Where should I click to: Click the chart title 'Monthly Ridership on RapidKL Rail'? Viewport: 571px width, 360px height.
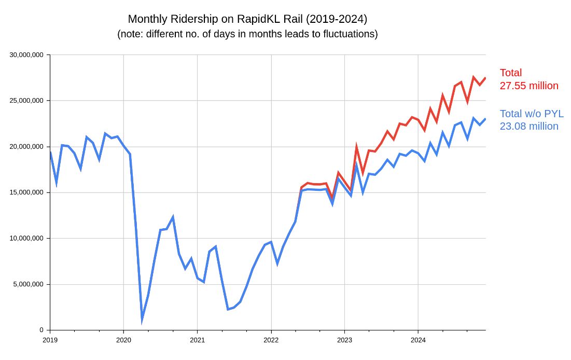pos(247,19)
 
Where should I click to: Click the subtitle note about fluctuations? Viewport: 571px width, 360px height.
pos(247,35)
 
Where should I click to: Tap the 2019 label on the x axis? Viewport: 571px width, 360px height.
pos(50,340)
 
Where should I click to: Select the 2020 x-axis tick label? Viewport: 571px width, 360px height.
pos(123,340)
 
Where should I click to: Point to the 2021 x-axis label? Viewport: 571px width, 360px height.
pos(197,340)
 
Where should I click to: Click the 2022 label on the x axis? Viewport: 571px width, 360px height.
pos(271,340)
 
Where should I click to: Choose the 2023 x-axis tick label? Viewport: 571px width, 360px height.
pos(344,340)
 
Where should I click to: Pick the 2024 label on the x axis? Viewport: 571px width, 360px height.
pos(418,340)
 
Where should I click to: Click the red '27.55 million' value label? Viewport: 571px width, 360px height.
pos(529,86)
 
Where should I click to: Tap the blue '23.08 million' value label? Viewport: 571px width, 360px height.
pos(529,127)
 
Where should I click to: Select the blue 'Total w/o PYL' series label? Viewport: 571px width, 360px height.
pos(532,114)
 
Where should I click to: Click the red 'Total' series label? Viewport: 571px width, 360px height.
pos(511,73)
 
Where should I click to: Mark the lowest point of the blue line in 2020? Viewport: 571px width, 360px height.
pos(142,320)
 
